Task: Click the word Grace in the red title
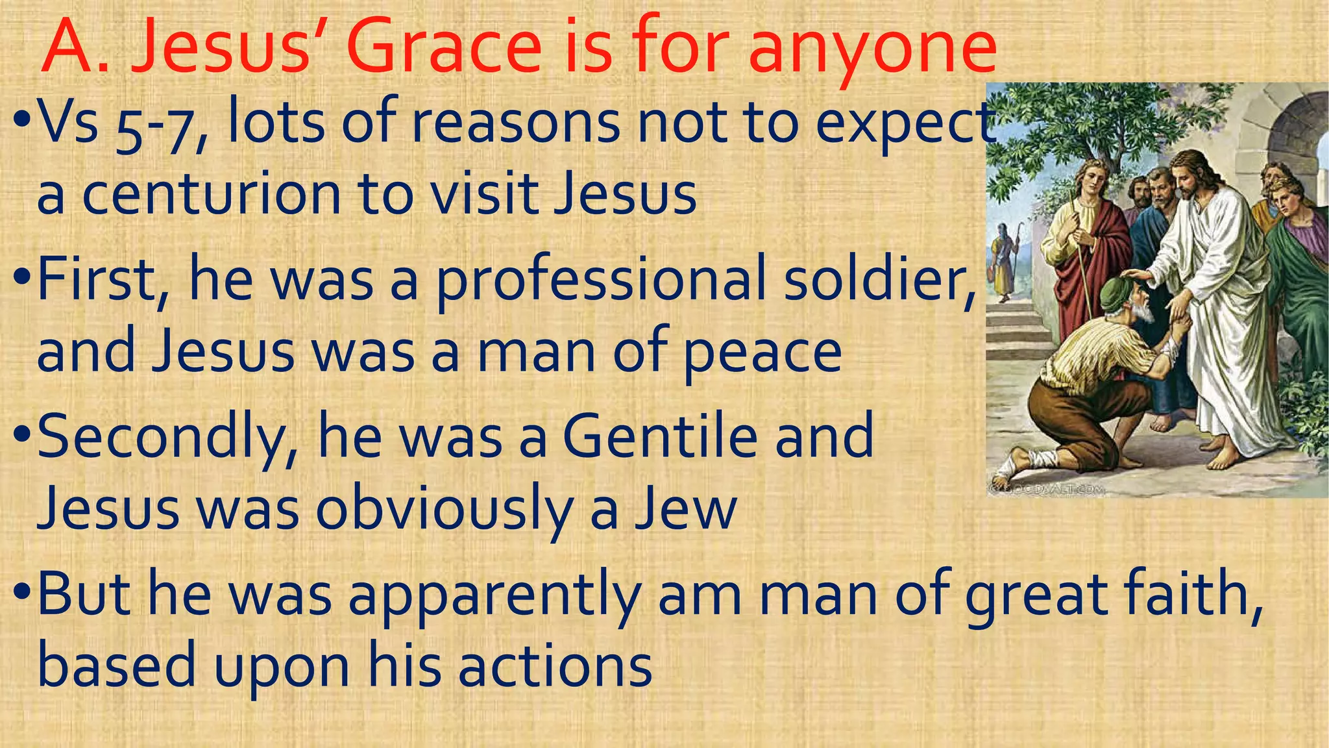click(x=445, y=47)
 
